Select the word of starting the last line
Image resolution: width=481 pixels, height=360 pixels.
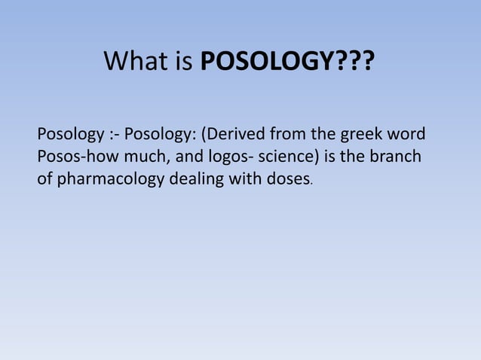[x=44, y=181]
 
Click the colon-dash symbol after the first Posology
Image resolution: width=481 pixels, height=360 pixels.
[x=112, y=136]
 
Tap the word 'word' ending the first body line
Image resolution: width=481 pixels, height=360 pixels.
[x=406, y=136]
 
